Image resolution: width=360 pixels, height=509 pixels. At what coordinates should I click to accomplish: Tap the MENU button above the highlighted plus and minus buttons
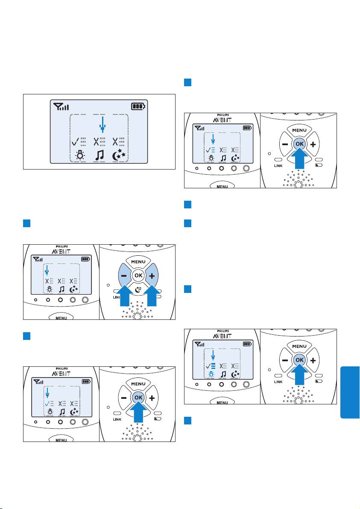click(x=137, y=262)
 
